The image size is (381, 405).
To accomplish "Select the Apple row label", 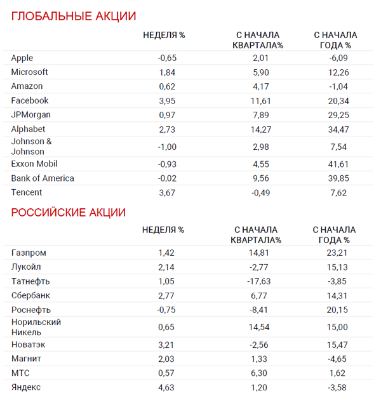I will (22, 58).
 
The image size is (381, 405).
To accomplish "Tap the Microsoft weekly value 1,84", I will (167, 72).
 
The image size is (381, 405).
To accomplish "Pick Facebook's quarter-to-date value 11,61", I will (261, 100).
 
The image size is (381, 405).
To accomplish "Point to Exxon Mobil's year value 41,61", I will (337, 164).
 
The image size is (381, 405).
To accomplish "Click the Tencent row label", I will (27, 192).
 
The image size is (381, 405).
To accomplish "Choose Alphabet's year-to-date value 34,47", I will (337, 129).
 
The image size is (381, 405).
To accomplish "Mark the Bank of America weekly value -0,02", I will (166, 178).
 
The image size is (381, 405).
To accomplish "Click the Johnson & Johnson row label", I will (32, 147).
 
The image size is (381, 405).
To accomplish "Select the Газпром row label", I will (29, 253).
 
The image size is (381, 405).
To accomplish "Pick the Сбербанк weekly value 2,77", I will (166, 295).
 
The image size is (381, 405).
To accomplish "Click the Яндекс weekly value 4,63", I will (166, 387).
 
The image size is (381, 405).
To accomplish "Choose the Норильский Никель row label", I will (36, 327).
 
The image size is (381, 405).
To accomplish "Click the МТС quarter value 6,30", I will (261, 373).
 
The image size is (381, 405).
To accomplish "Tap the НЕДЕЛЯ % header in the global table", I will (164, 35).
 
